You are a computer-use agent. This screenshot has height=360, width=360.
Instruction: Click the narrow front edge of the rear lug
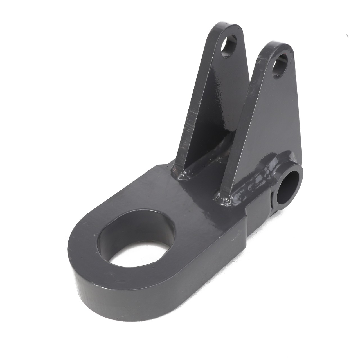[194, 112]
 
